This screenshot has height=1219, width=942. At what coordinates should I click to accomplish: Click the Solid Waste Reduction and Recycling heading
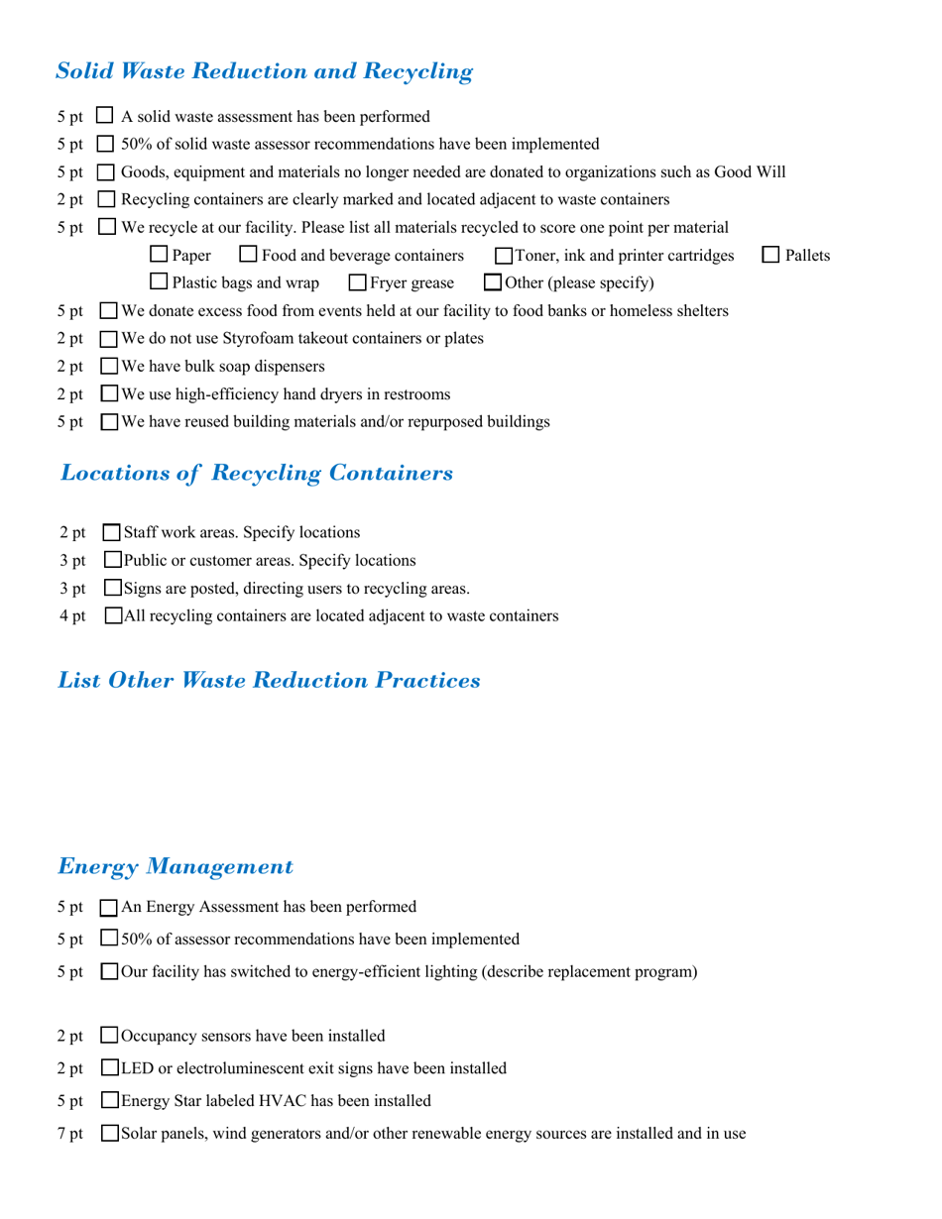[264, 71]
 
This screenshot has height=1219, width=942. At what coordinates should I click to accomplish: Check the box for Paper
[159, 255]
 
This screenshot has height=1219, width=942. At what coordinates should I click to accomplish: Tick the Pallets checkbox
[770, 255]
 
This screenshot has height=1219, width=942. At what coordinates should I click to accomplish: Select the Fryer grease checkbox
[358, 283]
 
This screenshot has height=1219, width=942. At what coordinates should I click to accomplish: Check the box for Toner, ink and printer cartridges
[504, 256]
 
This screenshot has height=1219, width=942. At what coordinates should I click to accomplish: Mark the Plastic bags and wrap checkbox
[159, 282]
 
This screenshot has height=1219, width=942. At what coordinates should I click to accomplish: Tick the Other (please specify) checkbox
[493, 282]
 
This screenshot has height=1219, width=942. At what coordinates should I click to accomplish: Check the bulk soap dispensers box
[110, 367]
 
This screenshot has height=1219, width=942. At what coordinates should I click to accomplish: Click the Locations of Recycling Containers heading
[257, 473]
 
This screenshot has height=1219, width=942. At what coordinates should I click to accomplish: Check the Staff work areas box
[112, 533]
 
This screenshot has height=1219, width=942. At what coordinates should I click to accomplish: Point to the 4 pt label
[72, 616]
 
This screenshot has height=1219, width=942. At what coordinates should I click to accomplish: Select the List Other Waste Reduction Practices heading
[269, 681]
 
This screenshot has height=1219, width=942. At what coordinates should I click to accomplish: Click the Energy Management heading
[176, 867]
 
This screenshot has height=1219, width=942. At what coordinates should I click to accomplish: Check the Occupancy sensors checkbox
[110, 1037]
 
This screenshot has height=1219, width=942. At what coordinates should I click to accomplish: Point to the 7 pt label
[70, 1134]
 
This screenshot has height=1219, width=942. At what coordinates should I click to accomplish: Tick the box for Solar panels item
[110, 1133]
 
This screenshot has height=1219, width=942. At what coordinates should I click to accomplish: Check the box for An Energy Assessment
[110, 908]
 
